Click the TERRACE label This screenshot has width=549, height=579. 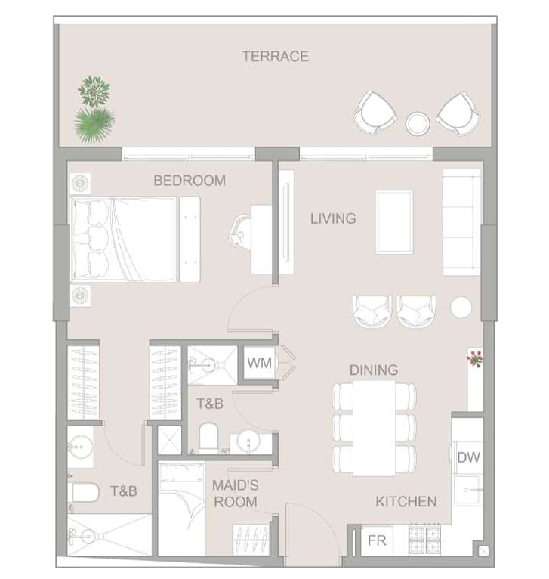tap(276, 56)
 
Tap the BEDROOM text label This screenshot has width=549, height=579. tap(190, 181)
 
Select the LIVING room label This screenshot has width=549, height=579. tap(333, 218)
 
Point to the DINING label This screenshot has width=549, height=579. tap(374, 370)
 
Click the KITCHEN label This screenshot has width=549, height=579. tap(406, 501)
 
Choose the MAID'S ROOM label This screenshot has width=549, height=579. tap(236, 494)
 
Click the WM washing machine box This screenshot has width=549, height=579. tap(260, 363)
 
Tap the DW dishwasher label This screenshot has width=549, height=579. tap(468, 457)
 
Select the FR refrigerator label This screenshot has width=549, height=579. tap(377, 540)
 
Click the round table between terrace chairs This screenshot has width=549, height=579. tap(418, 123)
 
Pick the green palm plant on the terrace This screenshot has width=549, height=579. tap(94, 125)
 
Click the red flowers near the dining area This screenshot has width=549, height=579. tap(474, 358)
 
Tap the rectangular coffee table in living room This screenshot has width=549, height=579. tap(394, 222)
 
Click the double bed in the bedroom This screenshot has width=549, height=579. tap(124, 240)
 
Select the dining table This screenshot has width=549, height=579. tap(374, 428)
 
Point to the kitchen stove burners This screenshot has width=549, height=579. tap(424, 539)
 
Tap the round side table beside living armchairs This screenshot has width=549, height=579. tap(461, 307)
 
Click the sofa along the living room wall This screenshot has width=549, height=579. tap(461, 222)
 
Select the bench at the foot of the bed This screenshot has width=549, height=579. tap(190, 240)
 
